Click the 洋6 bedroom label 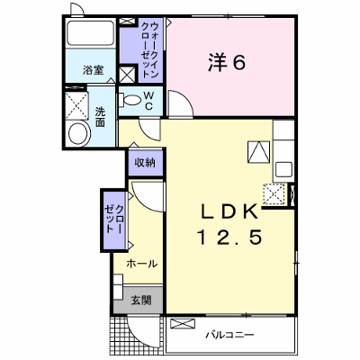(x=227, y=63)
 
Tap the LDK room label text (x=229, y=211)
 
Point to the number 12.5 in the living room (x=229, y=237)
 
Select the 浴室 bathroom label (x=94, y=71)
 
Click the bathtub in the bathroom (x=91, y=32)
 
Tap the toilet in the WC (x=130, y=100)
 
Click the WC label (x=148, y=101)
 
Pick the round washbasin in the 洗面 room (x=79, y=134)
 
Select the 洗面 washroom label (x=100, y=117)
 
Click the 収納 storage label (x=145, y=163)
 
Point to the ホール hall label (x=141, y=264)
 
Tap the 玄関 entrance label (x=140, y=300)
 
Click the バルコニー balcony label (x=229, y=335)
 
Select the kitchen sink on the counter (x=283, y=169)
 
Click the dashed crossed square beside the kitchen (x=274, y=194)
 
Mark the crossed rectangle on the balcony (x=183, y=324)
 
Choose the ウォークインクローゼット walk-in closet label (x=149, y=50)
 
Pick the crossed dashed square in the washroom (x=76, y=106)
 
